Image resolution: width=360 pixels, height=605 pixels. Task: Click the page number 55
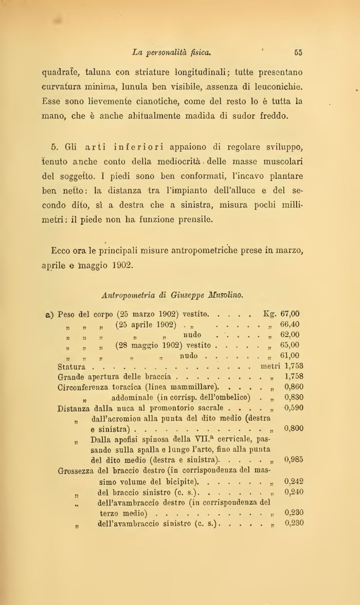tap(298, 52)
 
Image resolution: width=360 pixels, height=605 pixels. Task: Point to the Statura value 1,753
tap(294, 366)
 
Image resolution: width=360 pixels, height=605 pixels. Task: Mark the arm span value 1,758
tap(294, 376)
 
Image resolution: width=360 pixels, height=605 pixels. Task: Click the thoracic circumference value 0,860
tap(294, 387)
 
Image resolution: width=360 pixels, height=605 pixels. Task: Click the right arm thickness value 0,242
tap(294, 481)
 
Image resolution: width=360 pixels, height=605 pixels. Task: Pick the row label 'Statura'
tap(71, 366)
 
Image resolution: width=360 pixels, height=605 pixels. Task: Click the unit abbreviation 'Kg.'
tap(270, 314)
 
